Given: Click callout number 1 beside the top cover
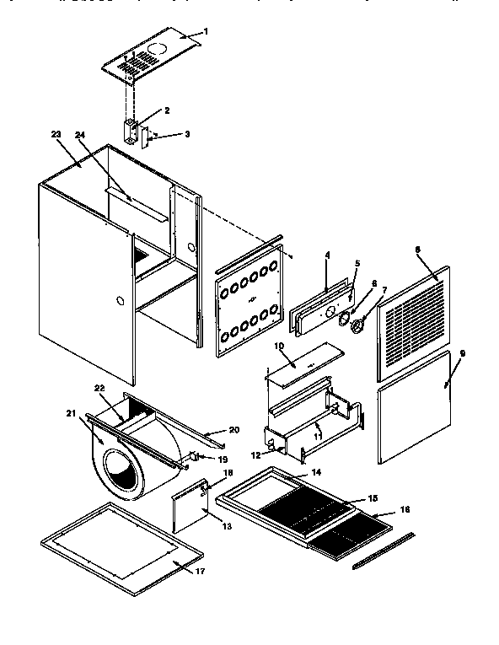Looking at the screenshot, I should tap(207, 31).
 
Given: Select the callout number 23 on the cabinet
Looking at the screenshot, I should tap(56, 134).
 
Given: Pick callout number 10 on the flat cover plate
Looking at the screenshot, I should tap(280, 346).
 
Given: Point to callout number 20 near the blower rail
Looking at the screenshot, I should tap(233, 429).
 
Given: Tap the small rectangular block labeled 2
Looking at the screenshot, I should tap(131, 131).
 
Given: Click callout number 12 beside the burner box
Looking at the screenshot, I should tap(255, 454).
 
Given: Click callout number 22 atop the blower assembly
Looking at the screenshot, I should tap(100, 387).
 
